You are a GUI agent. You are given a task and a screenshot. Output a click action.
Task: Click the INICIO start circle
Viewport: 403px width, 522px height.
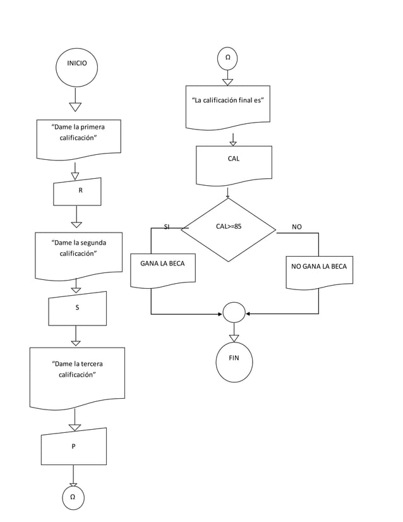coord(76,64)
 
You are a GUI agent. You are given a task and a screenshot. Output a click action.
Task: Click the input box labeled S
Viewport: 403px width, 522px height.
coord(77,308)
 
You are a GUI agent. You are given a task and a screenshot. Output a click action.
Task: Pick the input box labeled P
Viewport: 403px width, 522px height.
coord(73,446)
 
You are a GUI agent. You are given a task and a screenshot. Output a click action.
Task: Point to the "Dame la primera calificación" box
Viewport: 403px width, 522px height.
coord(78,137)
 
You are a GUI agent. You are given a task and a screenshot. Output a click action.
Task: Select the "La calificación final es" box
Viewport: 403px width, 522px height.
coord(228,106)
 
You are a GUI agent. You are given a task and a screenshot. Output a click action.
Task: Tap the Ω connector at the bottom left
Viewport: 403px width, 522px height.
coord(73,497)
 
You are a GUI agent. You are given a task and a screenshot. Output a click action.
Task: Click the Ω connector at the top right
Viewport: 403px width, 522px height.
coord(227,59)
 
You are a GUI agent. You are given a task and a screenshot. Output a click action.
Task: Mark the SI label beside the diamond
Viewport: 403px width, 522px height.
coord(167,227)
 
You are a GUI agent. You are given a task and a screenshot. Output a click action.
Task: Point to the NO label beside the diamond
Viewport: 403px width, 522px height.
coord(297,227)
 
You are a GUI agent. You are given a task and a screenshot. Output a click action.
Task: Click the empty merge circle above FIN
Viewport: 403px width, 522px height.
coord(234,313)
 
